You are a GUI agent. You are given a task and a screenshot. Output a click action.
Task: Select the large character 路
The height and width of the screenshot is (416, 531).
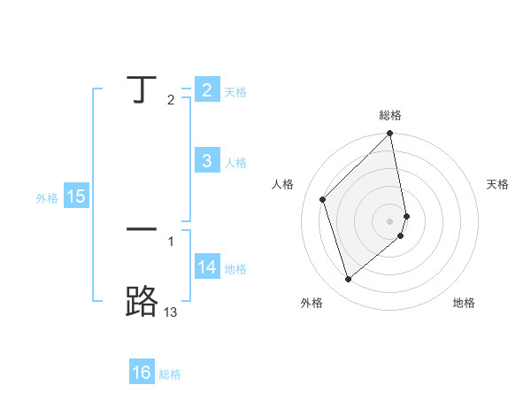click(x=142, y=302)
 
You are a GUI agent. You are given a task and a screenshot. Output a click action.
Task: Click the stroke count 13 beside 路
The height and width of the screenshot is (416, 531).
click(x=171, y=312)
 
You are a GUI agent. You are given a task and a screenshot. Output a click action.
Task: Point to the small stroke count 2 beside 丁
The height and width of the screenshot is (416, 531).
click(x=171, y=100)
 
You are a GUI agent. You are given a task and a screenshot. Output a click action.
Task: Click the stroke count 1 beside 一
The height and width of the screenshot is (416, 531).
click(x=171, y=241)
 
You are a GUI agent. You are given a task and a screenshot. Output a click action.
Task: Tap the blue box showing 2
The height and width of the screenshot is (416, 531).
click(x=207, y=89)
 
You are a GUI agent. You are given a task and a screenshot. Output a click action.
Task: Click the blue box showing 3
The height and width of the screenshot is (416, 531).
click(x=207, y=161)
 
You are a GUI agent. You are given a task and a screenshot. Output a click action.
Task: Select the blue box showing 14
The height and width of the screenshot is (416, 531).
click(x=207, y=267)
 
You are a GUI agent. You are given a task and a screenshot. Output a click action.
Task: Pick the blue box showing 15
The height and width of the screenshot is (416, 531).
click(x=76, y=196)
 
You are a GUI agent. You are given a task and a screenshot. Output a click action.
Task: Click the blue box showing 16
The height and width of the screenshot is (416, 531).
click(x=142, y=373)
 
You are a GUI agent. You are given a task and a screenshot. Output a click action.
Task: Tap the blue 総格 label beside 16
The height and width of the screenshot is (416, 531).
click(x=170, y=374)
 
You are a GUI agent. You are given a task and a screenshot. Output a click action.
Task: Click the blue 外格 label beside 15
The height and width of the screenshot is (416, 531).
click(x=47, y=198)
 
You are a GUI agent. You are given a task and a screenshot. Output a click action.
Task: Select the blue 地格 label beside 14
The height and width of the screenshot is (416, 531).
click(x=235, y=269)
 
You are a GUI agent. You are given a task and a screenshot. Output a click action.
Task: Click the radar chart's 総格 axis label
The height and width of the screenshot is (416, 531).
click(x=390, y=115)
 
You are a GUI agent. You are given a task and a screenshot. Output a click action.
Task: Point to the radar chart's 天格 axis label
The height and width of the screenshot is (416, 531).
click(x=497, y=184)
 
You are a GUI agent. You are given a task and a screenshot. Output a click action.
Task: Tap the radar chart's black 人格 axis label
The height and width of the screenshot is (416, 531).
click(x=283, y=184)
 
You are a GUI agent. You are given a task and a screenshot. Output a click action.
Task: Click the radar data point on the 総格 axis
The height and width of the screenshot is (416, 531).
click(x=390, y=135)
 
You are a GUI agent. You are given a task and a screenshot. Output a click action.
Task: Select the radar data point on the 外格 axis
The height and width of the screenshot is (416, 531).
click(x=348, y=279)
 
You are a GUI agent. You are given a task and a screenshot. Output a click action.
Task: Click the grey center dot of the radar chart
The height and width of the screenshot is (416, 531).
click(x=390, y=220)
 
